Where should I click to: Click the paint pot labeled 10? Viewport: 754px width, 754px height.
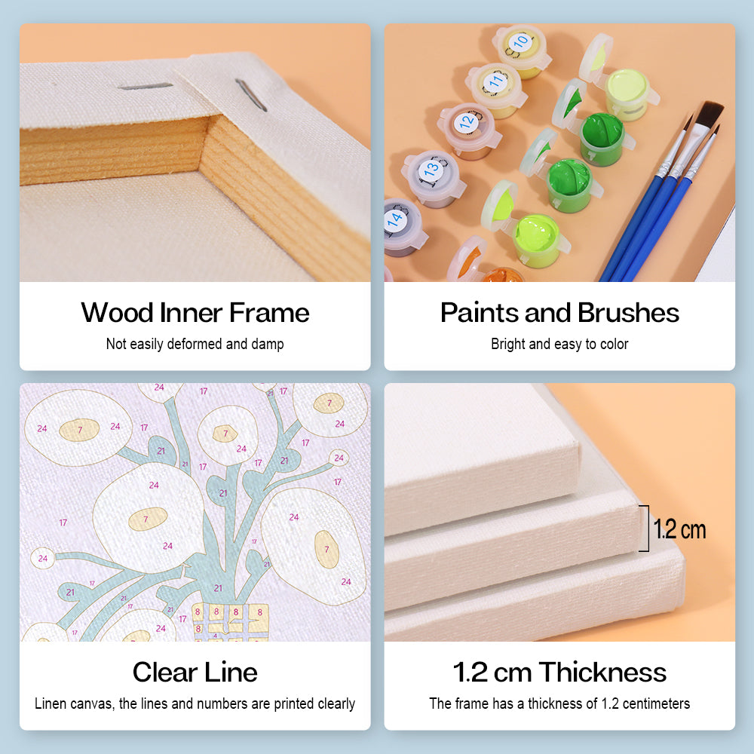point(522,51)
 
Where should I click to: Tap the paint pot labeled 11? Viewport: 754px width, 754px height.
point(496,90)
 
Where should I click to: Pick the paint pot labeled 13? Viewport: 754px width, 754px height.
point(434,179)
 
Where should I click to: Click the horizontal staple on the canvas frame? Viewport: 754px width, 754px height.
point(146,87)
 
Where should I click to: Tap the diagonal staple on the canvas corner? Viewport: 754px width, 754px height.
point(250,95)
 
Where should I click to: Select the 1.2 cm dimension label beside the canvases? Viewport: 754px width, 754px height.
point(679,529)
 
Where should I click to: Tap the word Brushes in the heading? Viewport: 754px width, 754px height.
point(629,313)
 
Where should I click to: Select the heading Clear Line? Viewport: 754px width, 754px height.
point(195,672)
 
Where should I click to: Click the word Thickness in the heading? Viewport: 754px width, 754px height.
point(602,672)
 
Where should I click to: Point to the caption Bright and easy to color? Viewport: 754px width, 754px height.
point(559,344)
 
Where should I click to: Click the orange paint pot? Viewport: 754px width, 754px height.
point(500,275)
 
